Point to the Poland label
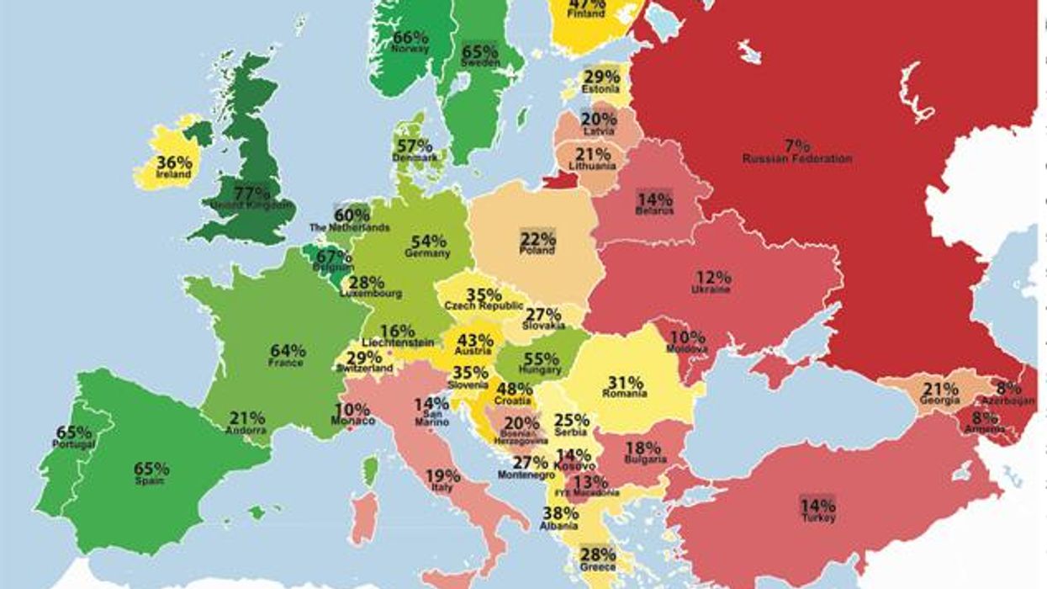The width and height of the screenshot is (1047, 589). pos(537,251)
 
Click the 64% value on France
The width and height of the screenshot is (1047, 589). pos(288,351)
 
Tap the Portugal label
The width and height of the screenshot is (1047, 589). pos(74,443)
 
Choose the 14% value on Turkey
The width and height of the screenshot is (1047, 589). pos(817,506)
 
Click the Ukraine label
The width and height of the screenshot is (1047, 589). pos(711,289)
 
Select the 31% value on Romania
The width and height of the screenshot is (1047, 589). pos(625,381)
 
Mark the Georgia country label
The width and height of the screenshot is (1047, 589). pos(939,401)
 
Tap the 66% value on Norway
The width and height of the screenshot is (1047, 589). pos(410,37)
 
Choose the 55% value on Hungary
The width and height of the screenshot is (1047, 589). pos(541,358)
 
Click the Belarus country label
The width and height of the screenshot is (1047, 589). pos(654,211)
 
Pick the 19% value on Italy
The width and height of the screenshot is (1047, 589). pos(442,475)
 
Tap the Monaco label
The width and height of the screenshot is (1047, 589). pos(352,420)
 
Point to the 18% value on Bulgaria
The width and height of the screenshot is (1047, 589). pos(644,447)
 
